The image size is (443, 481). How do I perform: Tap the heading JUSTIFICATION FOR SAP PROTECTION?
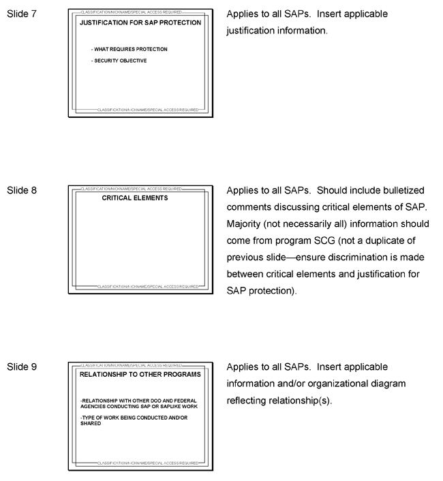coord(140,22)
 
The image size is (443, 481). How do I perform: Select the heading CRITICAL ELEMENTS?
coord(134,198)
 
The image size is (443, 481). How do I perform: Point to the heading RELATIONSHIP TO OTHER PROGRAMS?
coord(140,375)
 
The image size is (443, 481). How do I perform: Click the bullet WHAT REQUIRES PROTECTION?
coord(129,49)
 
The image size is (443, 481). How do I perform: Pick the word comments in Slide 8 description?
coord(251,207)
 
